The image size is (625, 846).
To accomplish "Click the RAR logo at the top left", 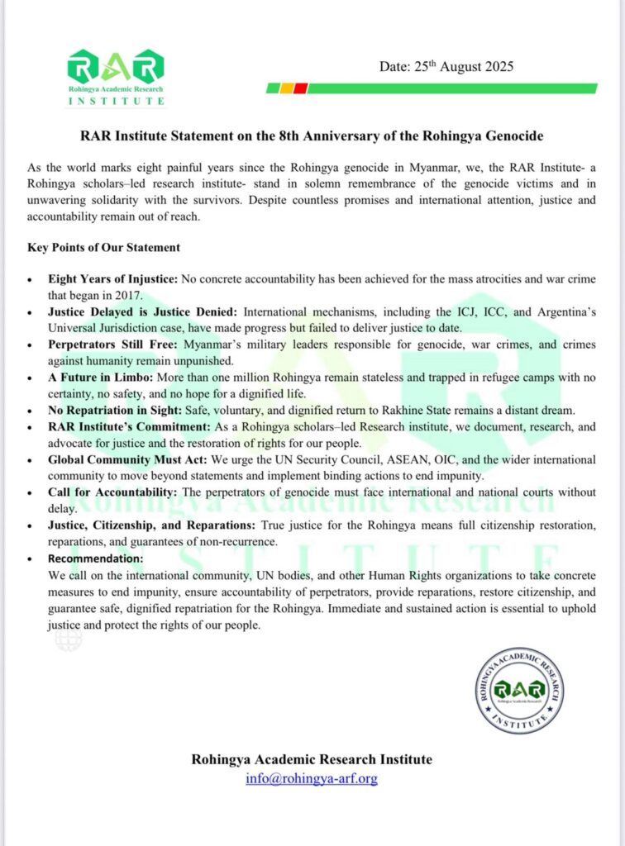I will tap(116, 77).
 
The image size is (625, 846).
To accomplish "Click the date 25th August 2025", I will tap(446, 66).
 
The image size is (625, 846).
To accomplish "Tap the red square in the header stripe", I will tap(301, 88).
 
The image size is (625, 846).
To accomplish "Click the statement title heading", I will tap(312, 135).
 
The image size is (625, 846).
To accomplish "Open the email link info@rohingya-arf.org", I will tap(312, 778).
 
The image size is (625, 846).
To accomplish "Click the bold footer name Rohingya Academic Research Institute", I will tap(312, 759).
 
